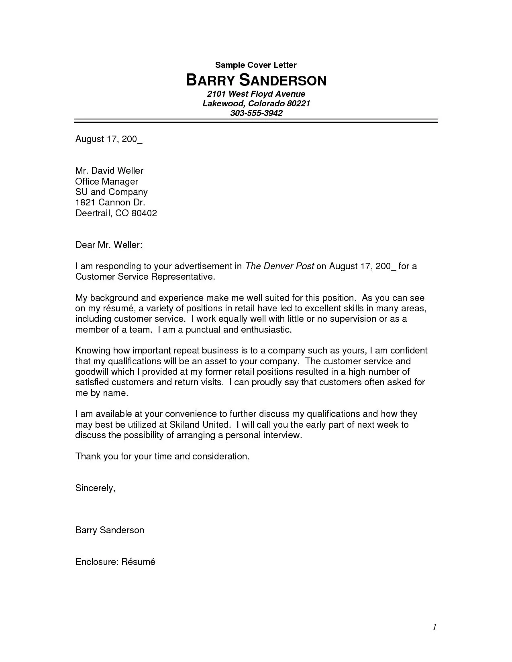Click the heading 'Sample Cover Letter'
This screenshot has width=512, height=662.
[x=256, y=65]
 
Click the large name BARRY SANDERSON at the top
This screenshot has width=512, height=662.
[x=256, y=81]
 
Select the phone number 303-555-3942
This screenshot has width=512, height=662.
[x=256, y=113]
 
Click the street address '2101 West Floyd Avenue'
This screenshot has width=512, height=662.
[x=256, y=94]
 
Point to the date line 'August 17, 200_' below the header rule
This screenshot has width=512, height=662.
[x=109, y=139]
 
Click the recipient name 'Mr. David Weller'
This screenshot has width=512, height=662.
[x=109, y=171]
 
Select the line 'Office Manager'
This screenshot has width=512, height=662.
[x=107, y=181]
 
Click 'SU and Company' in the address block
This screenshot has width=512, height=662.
[x=112, y=192]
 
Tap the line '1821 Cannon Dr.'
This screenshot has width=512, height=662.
[x=110, y=202]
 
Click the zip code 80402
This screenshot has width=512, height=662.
[x=144, y=213]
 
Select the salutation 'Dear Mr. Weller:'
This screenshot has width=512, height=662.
[x=109, y=245]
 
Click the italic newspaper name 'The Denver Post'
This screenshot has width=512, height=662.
[x=279, y=266]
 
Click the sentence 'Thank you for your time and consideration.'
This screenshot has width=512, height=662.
[x=162, y=456]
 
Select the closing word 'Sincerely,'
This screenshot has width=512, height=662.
[x=96, y=488]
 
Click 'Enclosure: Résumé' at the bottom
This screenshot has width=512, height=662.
[x=115, y=562]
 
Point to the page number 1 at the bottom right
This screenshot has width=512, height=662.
[x=434, y=627]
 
